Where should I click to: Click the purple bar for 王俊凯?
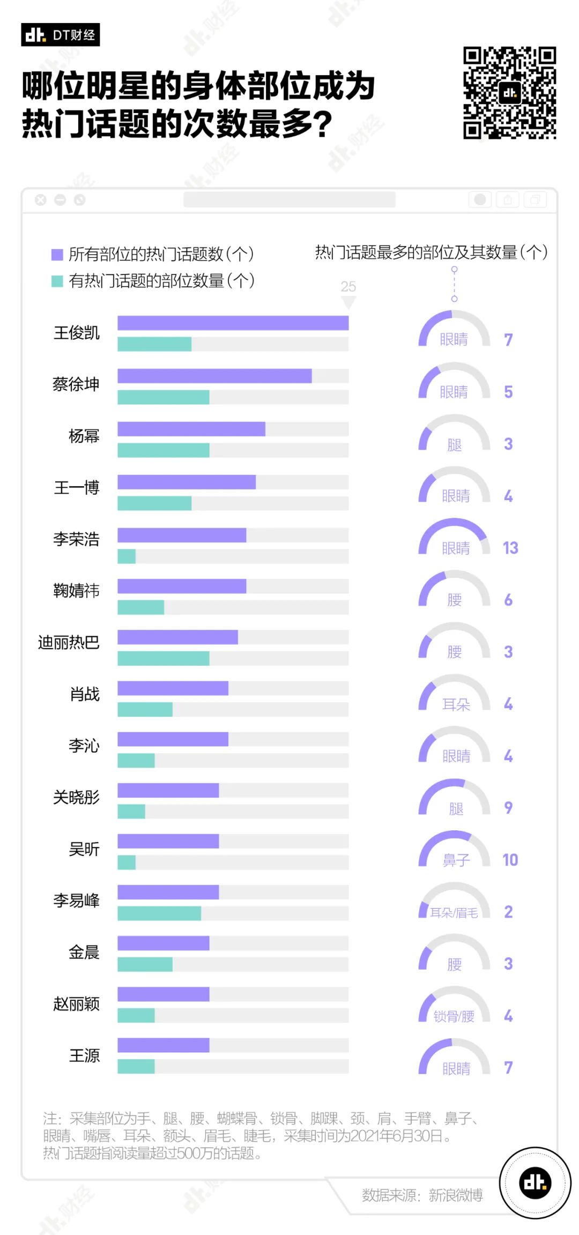click(233, 323)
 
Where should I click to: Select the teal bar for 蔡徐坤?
click(164, 397)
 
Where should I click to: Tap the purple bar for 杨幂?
click(191, 429)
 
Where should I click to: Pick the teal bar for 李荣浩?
click(127, 556)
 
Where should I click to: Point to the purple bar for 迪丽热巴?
click(177, 637)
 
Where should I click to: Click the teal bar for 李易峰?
click(159, 913)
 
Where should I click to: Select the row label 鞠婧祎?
click(76, 591)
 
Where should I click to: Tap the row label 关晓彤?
click(76, 798)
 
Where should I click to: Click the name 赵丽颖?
click(76, 1004)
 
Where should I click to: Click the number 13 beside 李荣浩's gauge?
click(510, 548)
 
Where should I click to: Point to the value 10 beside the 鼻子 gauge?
click(510, 860)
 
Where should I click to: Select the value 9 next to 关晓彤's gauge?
click(508, 808)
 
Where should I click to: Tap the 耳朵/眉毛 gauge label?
click(454, 912)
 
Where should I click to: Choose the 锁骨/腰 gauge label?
click(454, 1016)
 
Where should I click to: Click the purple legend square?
click(57, 255)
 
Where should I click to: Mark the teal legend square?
click(57, 281)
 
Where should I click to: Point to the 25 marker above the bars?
click(348, 287)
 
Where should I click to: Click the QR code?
click(509, 93)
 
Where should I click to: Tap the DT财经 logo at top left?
click(61, 35)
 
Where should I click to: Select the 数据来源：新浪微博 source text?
click(422, 1195)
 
